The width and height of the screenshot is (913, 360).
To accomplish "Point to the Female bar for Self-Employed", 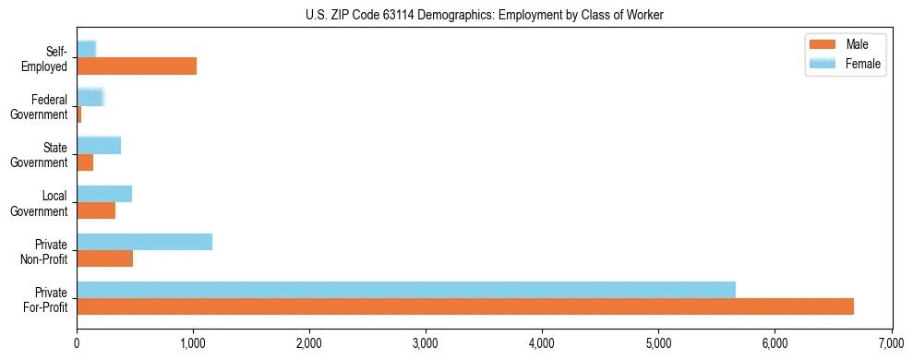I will click(x=86, y=49).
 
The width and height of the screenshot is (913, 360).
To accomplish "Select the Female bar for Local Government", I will click(x=104, y=194).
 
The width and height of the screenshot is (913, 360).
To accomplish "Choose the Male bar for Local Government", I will click(x=96, y=210).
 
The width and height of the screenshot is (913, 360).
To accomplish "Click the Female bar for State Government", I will click(x=99, y=145).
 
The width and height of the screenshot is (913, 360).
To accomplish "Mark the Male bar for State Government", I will click(x=85, y=162).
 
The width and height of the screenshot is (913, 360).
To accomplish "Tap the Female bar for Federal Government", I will click(x=90, y=97).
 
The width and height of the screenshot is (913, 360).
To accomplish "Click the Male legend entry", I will click(x=844, y=44).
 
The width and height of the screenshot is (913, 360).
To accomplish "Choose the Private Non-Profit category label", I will click(x=45, y=251).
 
